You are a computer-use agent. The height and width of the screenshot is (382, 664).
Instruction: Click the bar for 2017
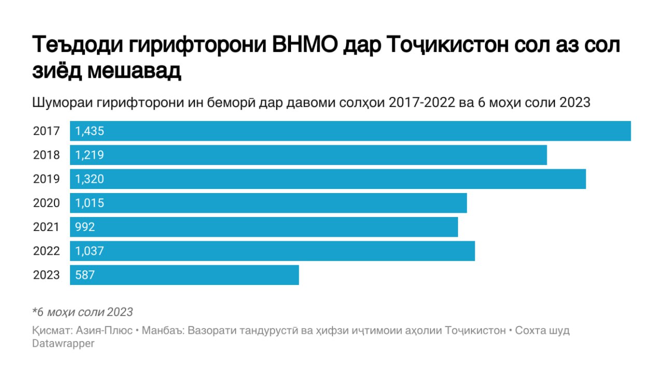350,131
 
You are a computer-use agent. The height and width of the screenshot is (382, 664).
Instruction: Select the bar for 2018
308,155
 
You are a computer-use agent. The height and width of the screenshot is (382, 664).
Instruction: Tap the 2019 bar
328,179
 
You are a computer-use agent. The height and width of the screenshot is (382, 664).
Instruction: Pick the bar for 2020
268,203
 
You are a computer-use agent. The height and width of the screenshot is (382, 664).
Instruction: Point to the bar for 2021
264,227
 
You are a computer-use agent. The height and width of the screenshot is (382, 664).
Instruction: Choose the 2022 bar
272,251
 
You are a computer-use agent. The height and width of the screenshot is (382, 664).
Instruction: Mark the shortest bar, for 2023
184,275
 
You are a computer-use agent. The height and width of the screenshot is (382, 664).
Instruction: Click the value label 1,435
90,131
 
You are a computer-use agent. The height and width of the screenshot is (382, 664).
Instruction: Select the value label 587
85,275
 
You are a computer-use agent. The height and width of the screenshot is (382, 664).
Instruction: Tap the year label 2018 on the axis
47,155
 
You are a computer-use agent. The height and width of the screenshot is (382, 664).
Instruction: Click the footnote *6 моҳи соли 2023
82,312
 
